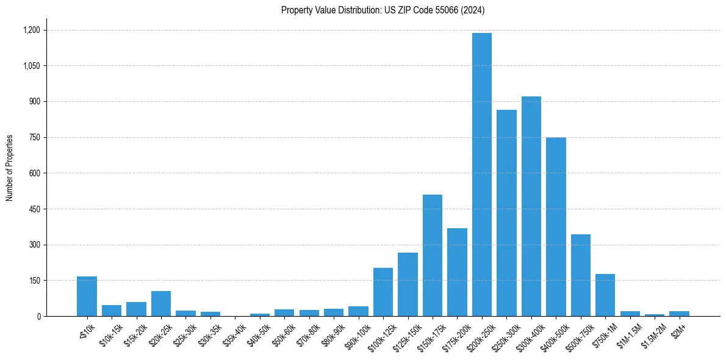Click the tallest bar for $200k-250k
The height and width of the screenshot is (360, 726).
tap(482, 175)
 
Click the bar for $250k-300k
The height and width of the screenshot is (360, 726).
tap(506, 213)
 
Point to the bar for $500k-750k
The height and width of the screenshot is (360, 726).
tap(581, 275)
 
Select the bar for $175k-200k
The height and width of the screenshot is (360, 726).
tap(457, 272)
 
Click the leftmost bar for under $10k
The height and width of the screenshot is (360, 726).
tap(87, 297)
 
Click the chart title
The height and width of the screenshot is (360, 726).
tap(383, 10)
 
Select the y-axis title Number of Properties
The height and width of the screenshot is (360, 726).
tap(10, 167)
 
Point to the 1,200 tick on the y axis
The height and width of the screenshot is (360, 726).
tap(31, 30)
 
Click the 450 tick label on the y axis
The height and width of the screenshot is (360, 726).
tap(34, 209)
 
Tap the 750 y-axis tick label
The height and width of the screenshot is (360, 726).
tap(34, 137)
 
